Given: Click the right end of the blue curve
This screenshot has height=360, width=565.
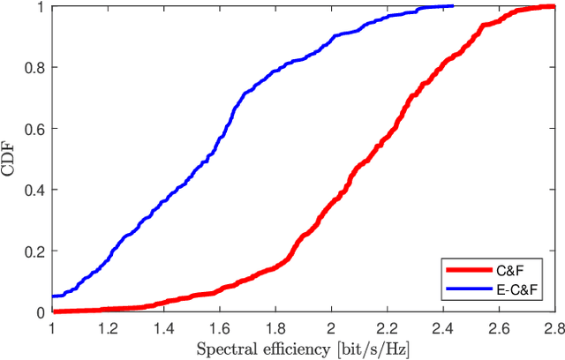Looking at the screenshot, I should click(x=452, y=5).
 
